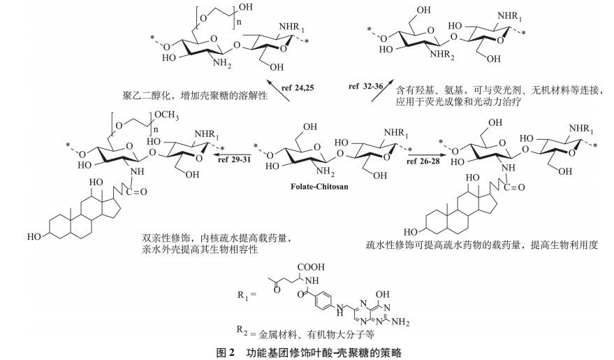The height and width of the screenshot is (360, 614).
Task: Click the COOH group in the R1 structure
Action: [x=311, y=268]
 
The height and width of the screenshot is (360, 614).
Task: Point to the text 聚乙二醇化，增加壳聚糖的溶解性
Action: [x=193, y=94]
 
